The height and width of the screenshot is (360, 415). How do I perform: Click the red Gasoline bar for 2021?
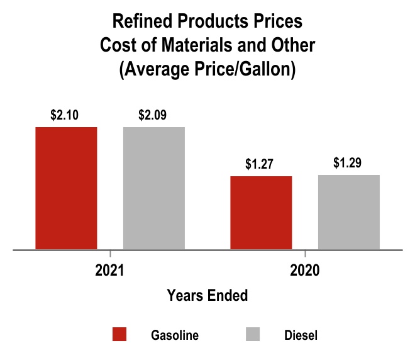click(x=66, y=188)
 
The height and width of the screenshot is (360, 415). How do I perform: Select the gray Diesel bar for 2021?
click(x=154, y=188)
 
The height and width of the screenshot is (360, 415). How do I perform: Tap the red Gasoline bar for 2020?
click(x=261, y=213)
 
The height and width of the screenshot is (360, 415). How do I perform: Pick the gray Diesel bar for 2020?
click(x=349, y=212)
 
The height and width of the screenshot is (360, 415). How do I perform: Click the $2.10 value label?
click(x=65, y=115)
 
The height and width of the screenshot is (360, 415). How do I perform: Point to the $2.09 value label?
click(x=153, y=115)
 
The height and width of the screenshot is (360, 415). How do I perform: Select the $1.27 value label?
click(x=260, y=165)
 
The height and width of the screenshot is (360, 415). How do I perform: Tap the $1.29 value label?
click(x=348, y=163)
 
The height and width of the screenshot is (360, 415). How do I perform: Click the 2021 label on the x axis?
click(x=110, y=271)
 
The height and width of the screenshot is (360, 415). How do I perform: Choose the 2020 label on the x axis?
click(x=305, y=271)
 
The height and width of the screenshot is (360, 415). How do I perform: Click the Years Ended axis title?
click(x=207, y=295)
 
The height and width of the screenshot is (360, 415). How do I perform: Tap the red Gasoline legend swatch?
click(x=119, y=335)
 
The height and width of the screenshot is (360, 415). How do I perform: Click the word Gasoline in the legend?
click(x=175, y=335)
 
